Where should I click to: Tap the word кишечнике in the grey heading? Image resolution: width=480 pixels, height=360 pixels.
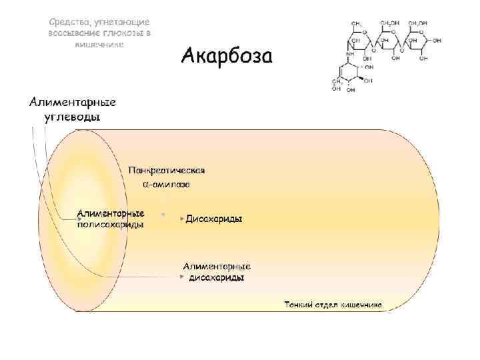click(99, 43)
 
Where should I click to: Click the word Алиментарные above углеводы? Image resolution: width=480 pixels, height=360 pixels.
click(73, 102)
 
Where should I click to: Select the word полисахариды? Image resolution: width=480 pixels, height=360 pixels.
click(110, 225)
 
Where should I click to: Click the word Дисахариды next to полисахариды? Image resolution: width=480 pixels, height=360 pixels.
click(213, 219)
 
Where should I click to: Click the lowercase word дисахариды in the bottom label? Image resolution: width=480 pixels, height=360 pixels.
click(217, 277)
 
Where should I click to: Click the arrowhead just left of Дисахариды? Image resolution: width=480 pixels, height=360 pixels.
click(181, 219)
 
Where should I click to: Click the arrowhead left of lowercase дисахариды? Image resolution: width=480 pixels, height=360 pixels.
click(182, 276)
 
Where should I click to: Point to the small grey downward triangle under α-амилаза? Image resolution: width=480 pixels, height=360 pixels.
click(163, 214)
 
